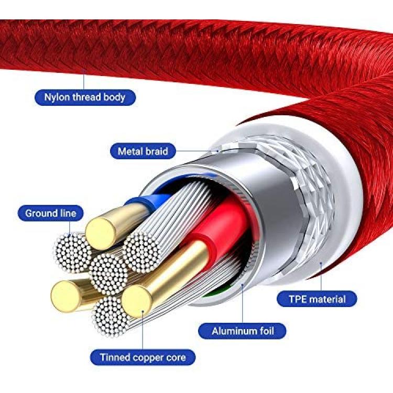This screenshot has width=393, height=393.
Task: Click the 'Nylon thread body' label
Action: pos(85,97)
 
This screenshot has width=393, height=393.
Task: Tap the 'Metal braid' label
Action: pos(143,151)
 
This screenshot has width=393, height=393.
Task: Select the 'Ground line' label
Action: pos(50,213)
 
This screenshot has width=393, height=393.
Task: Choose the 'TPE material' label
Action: pos(317,299)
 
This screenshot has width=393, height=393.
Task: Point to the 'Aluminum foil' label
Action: pos(242,331)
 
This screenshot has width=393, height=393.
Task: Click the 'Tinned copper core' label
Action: pos(143,357)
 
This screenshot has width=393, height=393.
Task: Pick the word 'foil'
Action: pos(266,331)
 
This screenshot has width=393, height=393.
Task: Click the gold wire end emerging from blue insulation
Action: pos(101,234)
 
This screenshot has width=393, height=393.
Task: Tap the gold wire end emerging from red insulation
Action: pos(137,301)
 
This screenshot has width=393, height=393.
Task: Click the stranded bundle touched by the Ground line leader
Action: pos(73,253)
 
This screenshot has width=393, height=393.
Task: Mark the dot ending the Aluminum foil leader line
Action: pos(243,285)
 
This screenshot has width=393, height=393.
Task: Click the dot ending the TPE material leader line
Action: pos(321,263)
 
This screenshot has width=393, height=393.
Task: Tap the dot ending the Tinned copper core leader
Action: pos(143,312)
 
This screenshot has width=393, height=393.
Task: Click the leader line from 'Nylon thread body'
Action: pos(84,80)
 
